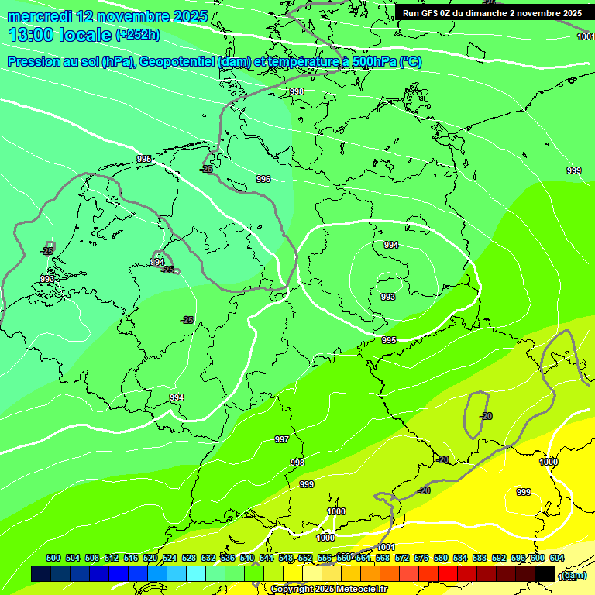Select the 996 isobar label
[263, 179]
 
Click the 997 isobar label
[282, 439]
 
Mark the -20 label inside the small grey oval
[486, 416]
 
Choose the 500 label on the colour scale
[53, 558]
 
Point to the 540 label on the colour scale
[247, 558]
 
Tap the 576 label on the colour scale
[421, 558]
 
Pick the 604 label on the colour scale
[556, 558]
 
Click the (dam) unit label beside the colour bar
[573, 575]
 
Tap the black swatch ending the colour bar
[545, 573]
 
